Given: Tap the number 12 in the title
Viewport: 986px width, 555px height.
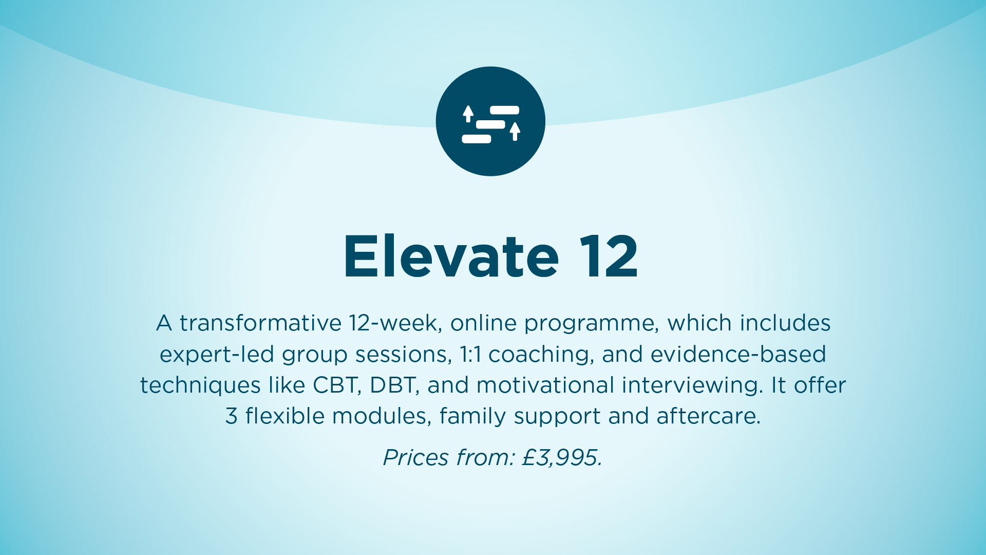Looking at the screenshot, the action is (x=609, y=256).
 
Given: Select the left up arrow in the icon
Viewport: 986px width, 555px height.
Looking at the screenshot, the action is (x=468, y=114).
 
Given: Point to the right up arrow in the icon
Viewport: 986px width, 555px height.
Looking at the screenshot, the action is (x=515, y=132).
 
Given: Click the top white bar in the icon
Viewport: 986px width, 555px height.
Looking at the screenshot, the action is (x=504, y=110).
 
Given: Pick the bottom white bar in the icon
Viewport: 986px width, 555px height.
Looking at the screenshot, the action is (x=477, y=139).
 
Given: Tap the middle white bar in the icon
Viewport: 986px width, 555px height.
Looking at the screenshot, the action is (x=490, y=124).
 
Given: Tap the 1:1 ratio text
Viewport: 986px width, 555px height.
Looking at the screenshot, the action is (x=470, y=355).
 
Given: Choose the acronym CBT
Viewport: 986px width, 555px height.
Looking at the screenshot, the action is (x=337, y=385).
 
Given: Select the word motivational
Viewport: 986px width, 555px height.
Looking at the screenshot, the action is (x=545, y=385).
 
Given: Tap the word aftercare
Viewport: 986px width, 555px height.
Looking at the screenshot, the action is (x=708, y=416).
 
